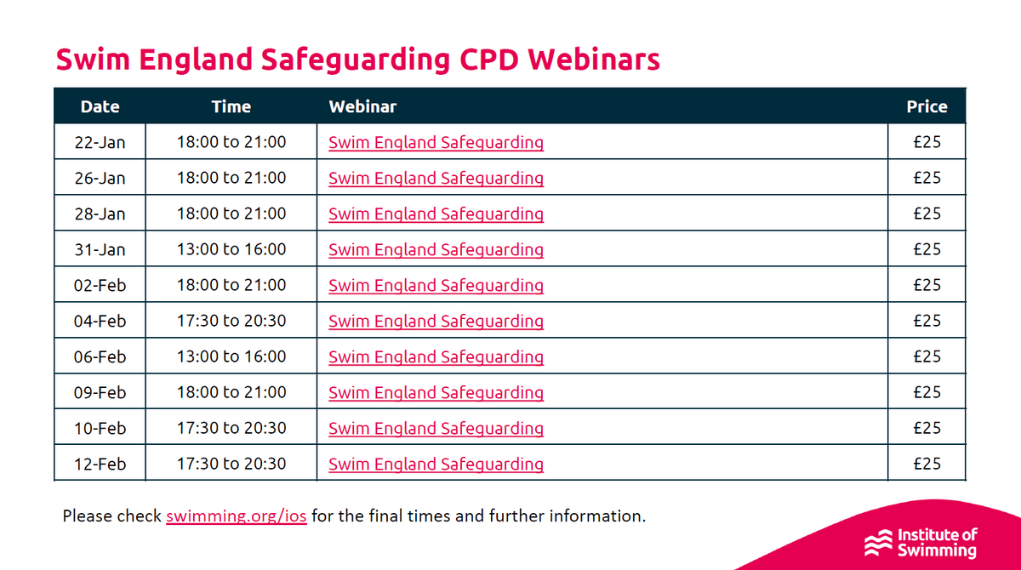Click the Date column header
[100, 106]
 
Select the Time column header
[231, 106]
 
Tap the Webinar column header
[362, 106]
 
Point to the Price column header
[927, 106]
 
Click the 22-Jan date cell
[100, 142]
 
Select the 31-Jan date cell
[100, 249]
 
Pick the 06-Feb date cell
[100, 356]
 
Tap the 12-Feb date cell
[100, 464]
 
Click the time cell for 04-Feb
[231, 321]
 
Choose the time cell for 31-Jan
[231, 249]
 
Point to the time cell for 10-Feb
[231, 428]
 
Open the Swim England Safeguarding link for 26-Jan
[436, 178]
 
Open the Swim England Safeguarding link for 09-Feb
[436, 392]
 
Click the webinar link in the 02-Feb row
[436, 285]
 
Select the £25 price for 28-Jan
[927, 214]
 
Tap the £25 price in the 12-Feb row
[927, 464]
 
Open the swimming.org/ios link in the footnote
[237, 516]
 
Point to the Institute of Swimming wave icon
[878, 543]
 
